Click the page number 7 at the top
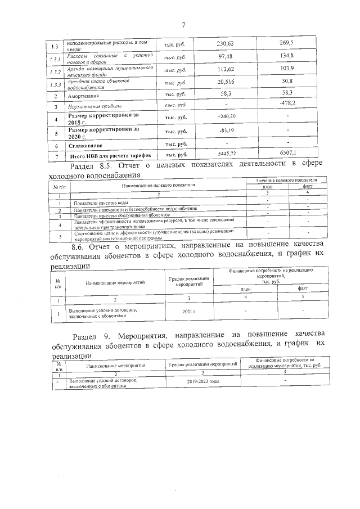pyautogui.click(x=183, y=25)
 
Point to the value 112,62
pyautogui.click(x=225, y=70)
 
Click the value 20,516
pyautogui.click(x=225, y=83)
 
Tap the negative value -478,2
pyautogui.click(x=288, y=105)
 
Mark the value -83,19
pyautogui.click(x=224, y=132)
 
